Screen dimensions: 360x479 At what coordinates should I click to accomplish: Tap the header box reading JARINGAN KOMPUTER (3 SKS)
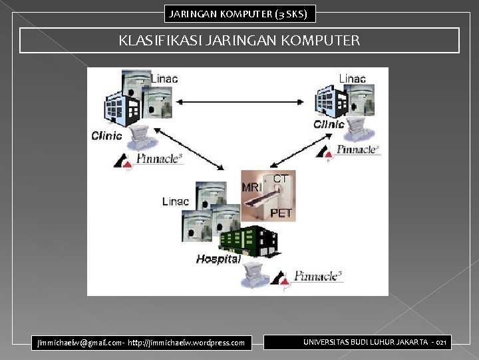[239, 13]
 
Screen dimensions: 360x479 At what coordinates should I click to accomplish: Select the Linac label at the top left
[164, 79]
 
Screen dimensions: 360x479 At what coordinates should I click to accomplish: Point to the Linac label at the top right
[352, 79]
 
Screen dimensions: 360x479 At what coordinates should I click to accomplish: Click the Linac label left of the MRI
[176, 201]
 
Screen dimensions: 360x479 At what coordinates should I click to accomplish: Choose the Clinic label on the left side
[106, 136]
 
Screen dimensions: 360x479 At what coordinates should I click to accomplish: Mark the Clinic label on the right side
[329, 124]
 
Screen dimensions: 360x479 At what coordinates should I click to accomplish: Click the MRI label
[252, 188]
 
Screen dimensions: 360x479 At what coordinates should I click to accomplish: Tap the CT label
[281, 179]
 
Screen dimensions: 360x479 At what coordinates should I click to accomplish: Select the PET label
[281, 213]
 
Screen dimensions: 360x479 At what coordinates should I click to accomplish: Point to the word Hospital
[218, 259]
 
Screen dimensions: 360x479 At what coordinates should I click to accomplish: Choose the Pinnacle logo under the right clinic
[357, 149]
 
